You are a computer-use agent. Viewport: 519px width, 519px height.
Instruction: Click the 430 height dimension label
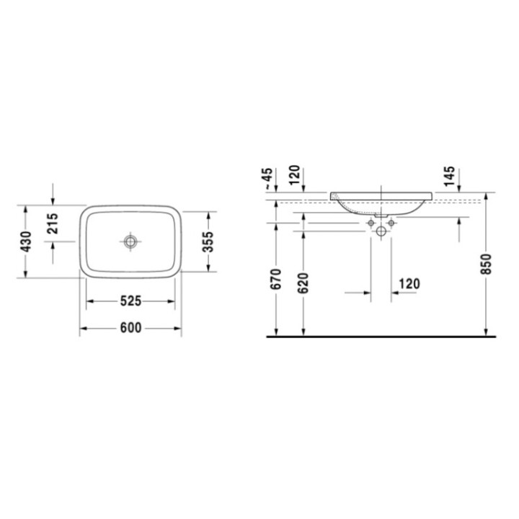click(x=26, y=241)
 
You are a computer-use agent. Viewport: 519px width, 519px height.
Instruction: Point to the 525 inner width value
click(x=130, y=301)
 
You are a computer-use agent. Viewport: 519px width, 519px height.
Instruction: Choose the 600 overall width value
click(x=130, y=328)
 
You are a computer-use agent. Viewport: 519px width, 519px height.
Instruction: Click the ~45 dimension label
click(x=267, y=177)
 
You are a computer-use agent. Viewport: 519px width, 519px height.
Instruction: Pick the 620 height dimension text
click(x=303, y=281)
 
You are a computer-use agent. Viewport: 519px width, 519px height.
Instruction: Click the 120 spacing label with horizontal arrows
click(x=407, y=283)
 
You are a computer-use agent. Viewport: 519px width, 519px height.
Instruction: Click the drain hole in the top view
click(x=130, y=241)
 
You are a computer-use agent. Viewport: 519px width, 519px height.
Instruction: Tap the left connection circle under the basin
click(x=372, y=223)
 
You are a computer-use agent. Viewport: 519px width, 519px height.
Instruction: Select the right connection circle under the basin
click(x=391, y=223)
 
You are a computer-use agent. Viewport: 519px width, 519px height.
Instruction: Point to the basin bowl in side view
click(x=381, y=204)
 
